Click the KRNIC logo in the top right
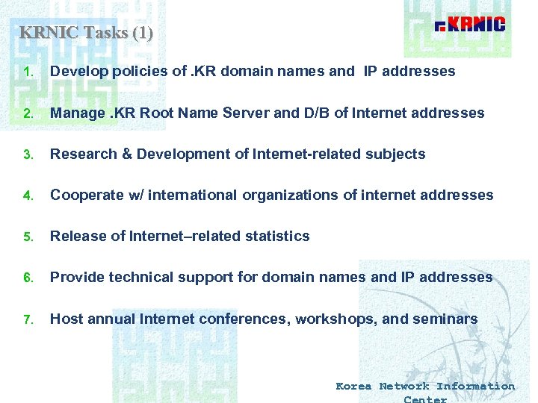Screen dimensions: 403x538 click(x=470, y=25)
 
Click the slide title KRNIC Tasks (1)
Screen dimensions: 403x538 click(x=86, y=33)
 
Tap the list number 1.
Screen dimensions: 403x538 click(x=27, y=72)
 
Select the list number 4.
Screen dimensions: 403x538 click(x=27, y=196)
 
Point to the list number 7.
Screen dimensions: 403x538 click(x=27, y=319)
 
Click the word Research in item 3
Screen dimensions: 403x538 click(x=83, y=154)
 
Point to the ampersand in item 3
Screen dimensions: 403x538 click(x=126, y=154)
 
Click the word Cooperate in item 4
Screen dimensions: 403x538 click(x=84, y=196)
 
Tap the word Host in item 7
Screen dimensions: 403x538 click(x=67, y=319)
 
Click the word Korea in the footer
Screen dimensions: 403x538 click(x=353, y=386)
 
